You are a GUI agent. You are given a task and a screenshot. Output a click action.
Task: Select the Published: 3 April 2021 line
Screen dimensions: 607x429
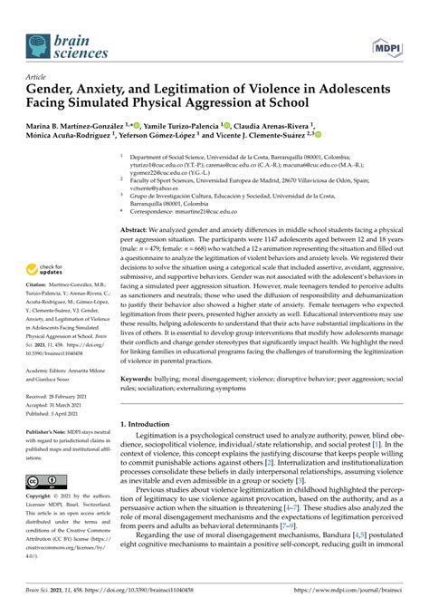coord(51,417)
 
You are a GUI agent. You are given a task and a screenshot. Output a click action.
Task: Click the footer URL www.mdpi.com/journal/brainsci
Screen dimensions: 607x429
coord(350,592)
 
